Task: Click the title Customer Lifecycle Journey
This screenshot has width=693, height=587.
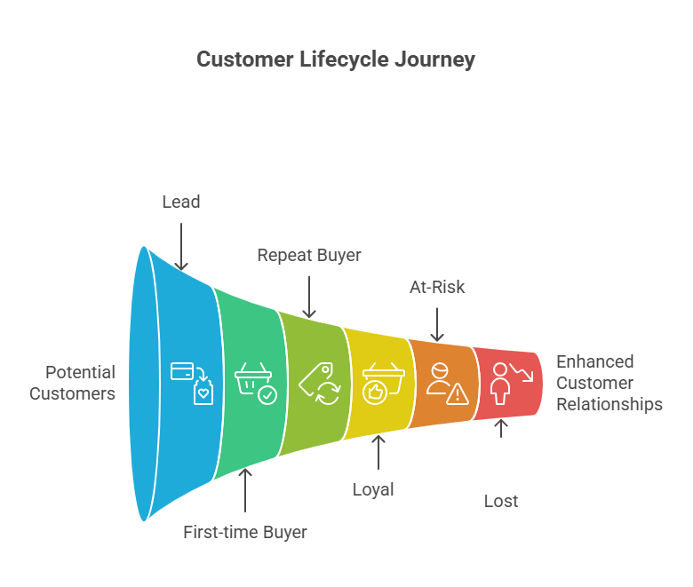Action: pos(336,59)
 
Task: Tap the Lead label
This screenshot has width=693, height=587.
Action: pos(180,202)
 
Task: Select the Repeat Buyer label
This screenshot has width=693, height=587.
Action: pos(309,255)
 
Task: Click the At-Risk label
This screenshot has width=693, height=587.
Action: pos(436,287)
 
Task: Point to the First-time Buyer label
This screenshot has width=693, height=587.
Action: pos(245,533)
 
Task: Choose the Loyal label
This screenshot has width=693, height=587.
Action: pos(373,489)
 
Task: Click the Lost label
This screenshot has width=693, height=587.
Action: pos(501,501)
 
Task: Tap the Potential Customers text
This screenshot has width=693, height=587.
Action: pos(73,383)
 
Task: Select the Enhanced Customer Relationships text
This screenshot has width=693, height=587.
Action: pos(609,383)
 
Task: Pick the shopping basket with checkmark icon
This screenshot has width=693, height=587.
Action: pos(256,383)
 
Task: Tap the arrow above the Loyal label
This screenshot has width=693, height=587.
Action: pos(379,452)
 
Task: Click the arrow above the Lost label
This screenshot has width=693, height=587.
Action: pos(501,427)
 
